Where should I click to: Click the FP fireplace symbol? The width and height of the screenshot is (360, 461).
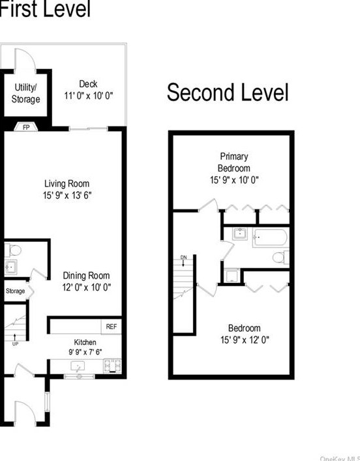pyautogui.click(x=27, y=126)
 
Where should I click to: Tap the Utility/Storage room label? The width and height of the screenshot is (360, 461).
pyautogui.click(x=26, y=93)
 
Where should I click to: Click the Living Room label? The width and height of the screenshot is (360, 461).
pyautogui.click(x=67, y=183)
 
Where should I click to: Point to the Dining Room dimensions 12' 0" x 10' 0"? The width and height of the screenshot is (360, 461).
pyautogui.click(x=87, y=286)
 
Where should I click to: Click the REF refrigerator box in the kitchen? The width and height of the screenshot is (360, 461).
pyautogui.click(x=112, y=326)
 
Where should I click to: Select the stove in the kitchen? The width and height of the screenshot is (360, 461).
pyautogui.click(x=112, y=366)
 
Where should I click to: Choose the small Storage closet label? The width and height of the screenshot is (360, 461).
pyautogui.click(x=15, y=291)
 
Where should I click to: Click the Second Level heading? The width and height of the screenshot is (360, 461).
pyautogui.click(x=228, y=93)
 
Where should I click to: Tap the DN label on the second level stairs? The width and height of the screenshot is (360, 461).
pyautogui.click(x=183, y=258)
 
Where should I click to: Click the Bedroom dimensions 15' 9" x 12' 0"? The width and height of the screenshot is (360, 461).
pyautogui.click(x=245, y=339)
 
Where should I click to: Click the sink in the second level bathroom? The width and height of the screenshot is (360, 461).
pyautogui.click(x=237, y=233)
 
